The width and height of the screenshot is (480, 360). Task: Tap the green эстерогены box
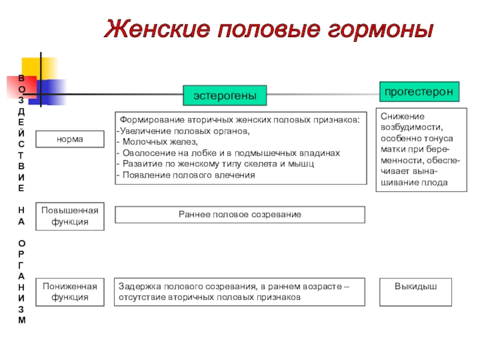[225, 95]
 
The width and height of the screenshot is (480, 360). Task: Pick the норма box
[70, 139]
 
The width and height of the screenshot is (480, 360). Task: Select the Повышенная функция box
[70, 216]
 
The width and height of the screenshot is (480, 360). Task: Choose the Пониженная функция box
[70, 292]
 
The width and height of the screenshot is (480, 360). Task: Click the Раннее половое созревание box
[240, 214]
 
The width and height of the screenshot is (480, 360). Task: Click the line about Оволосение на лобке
[228, 153]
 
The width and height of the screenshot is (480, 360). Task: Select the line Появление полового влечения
[186, 175]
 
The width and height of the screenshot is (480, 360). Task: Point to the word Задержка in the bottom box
[138, 286]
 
